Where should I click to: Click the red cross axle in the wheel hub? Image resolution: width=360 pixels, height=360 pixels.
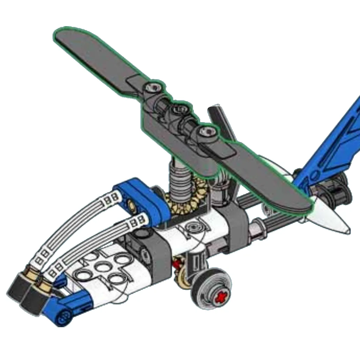pos(220,297)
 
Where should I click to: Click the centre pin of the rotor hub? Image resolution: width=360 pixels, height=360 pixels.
pos(181,109)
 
